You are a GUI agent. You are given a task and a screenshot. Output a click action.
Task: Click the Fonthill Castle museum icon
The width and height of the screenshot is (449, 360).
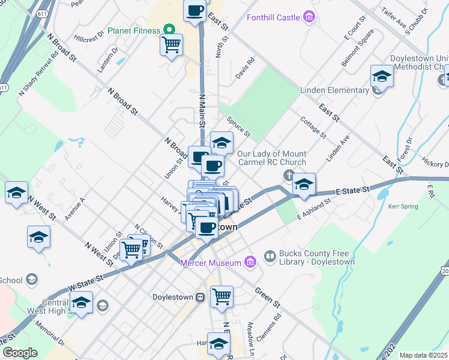pos(309,17)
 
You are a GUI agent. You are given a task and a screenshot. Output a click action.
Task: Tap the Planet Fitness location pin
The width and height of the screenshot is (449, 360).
pos(169,30)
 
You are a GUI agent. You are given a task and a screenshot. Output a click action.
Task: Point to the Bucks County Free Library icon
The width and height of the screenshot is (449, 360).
pos(270,257)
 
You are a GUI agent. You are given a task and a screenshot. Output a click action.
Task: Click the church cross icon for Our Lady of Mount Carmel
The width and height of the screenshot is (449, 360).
pos(288,175)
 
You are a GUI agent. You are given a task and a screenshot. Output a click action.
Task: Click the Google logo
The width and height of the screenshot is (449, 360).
pos(20,353)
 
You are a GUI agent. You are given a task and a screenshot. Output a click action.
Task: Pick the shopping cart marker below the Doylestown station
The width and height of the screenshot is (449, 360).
pos(221,296)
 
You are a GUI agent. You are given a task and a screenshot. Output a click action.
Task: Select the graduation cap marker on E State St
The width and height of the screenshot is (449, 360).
pos(304,184)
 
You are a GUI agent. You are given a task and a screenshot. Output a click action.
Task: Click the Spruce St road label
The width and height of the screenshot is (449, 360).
pos(239,127)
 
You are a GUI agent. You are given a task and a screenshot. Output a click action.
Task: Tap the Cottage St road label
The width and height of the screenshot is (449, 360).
pos(313,127)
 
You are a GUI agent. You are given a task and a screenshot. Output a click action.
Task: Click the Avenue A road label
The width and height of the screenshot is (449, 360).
pos(76,209)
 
